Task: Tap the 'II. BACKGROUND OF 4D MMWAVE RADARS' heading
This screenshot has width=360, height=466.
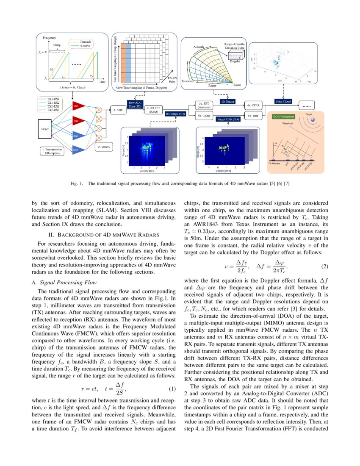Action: pos(104,234)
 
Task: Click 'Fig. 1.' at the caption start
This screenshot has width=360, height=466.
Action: pos(77,184)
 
